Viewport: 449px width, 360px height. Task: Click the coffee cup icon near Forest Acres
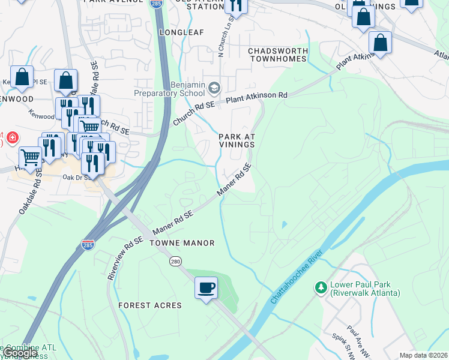(206, 287)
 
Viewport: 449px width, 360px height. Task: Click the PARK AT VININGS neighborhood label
(237, 141)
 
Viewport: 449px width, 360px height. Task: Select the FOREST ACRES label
(150, 305)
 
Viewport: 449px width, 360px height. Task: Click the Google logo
(20, 353)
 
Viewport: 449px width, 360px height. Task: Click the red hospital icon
(11, 140)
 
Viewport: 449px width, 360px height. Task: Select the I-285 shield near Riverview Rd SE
(87, 245)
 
